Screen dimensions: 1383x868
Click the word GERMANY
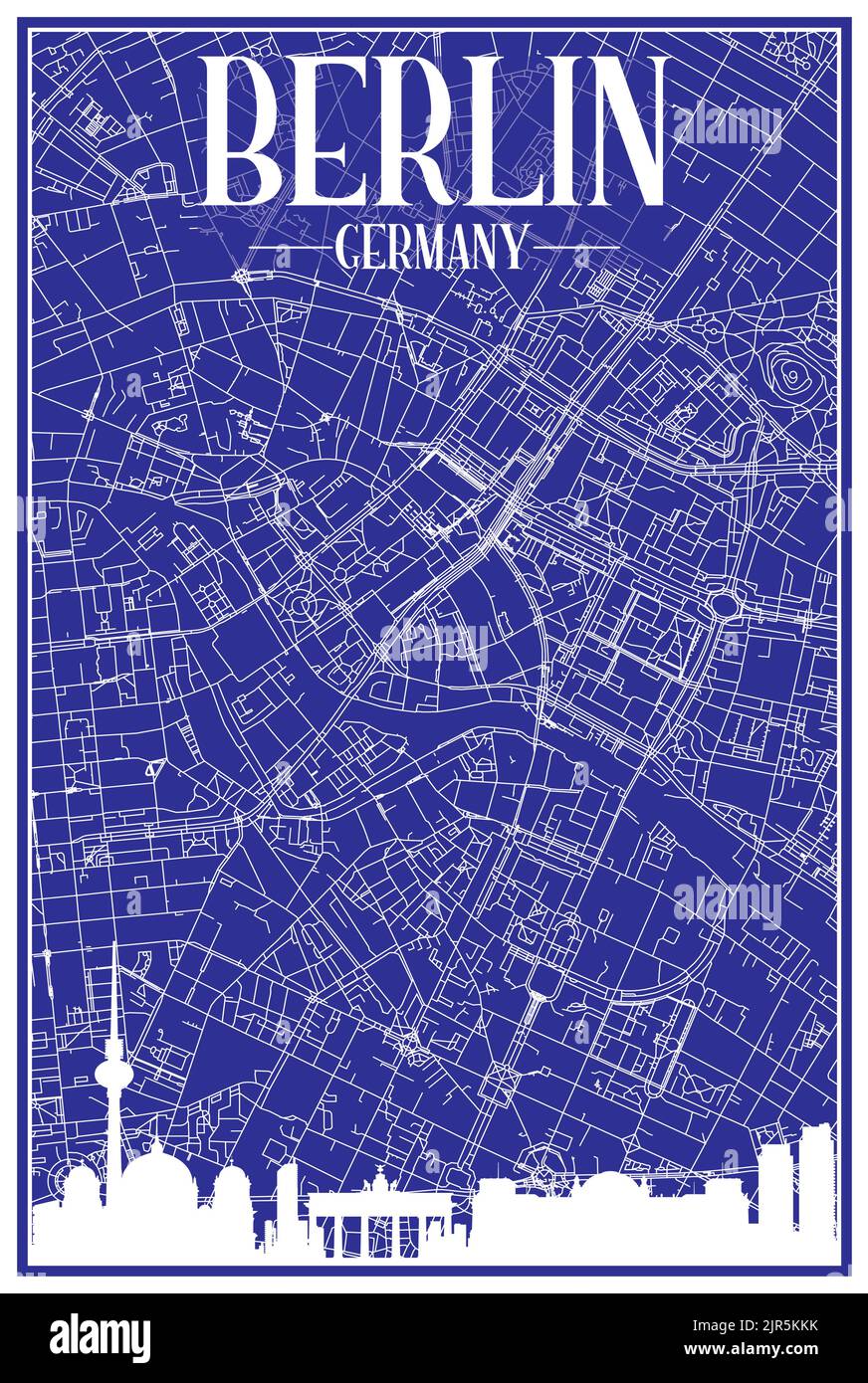point(432,247)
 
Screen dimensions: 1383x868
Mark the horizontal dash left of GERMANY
point(289,247)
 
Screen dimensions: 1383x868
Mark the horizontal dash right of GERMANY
point(575,247)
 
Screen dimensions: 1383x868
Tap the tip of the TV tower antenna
point(114,945)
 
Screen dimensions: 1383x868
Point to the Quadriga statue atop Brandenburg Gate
point(379,1181)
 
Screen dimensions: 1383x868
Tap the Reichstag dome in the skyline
point(607,1184)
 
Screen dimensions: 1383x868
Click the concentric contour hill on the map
point(790,375)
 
